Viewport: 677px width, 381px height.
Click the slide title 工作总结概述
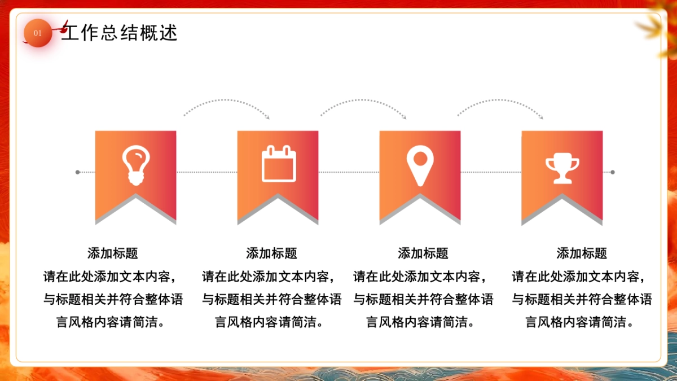(x=120, y=33)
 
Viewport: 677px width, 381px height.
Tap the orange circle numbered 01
(x=38, y=33)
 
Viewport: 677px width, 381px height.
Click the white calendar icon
(x=278, y=164)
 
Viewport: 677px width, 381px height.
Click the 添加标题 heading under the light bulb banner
(x=113, y=253)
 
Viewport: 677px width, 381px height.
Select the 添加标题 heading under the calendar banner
(x=271, y=253)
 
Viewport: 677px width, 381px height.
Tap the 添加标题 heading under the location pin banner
(x=423, y=253)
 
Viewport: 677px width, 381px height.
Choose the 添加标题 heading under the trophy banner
(x=582, y=253)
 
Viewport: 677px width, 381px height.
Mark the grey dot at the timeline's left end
(x=78, y=172)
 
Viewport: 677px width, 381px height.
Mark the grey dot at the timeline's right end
(x=613, y=172)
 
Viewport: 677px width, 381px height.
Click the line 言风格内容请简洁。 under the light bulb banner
(x=113, y=322)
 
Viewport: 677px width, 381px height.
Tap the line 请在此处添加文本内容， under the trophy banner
(x=582, y=277)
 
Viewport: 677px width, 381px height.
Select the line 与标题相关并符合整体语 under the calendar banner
(x=271, y=299)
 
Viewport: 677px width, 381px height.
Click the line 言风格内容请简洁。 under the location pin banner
(x=423, y=322)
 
